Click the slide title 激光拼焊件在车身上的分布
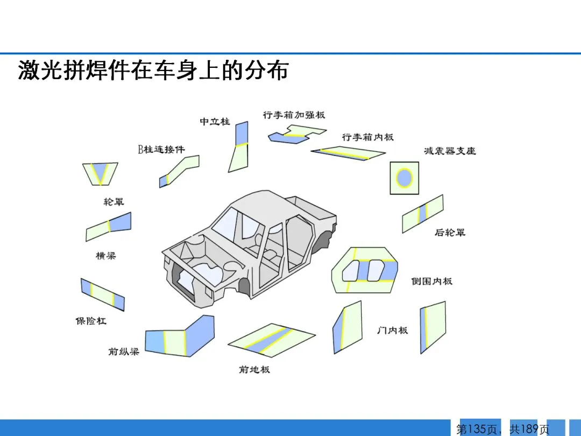pyautogui.click(x=153, y=71)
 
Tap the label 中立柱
pyautogui.click(x=215, y=122)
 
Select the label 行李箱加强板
pyautogui.click(x=294, y=115)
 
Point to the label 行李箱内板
pyautogui.click(x=368, y=137)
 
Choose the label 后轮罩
pyautogui.click(x=450, y=233)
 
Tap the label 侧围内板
pyautogui.click(x=432, y=281)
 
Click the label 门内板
pyautogui.click(x=392, y=330)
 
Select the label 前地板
pyautogui.click(x=254, y=369)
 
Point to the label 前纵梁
pyautogui.click(x=123, y=351)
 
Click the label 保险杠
pyautogui.click(x=90, y=321)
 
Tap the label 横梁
pyautogui.click(x=105, y=256)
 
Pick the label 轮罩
pyautogui.click(x=114, y=202)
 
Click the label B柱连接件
pyautogui.click(x=161, y=149)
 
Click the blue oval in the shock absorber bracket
pyautogui.click(x=404, y=177)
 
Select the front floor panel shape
pyautogui.click(x=272, y=339)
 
